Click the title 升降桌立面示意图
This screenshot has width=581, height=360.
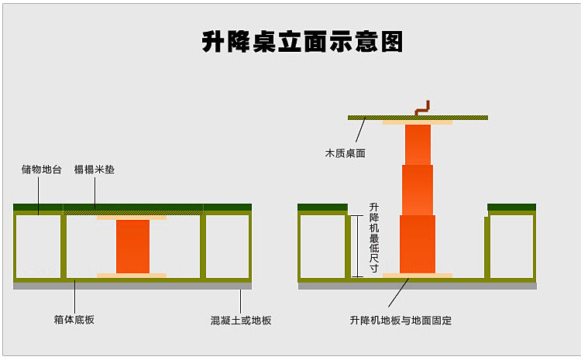302,41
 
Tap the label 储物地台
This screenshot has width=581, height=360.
42,169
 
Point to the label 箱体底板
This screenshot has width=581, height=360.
75,319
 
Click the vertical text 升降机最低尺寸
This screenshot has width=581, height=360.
374,238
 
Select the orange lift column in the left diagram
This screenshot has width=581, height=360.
132,246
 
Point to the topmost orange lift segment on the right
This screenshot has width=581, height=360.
418,145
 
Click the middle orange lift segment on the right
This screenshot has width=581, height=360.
418,190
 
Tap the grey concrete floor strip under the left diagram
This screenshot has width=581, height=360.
132,285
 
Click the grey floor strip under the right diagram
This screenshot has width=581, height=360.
418,285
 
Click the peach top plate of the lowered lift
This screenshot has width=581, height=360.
132,218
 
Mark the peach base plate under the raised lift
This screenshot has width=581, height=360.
418,275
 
